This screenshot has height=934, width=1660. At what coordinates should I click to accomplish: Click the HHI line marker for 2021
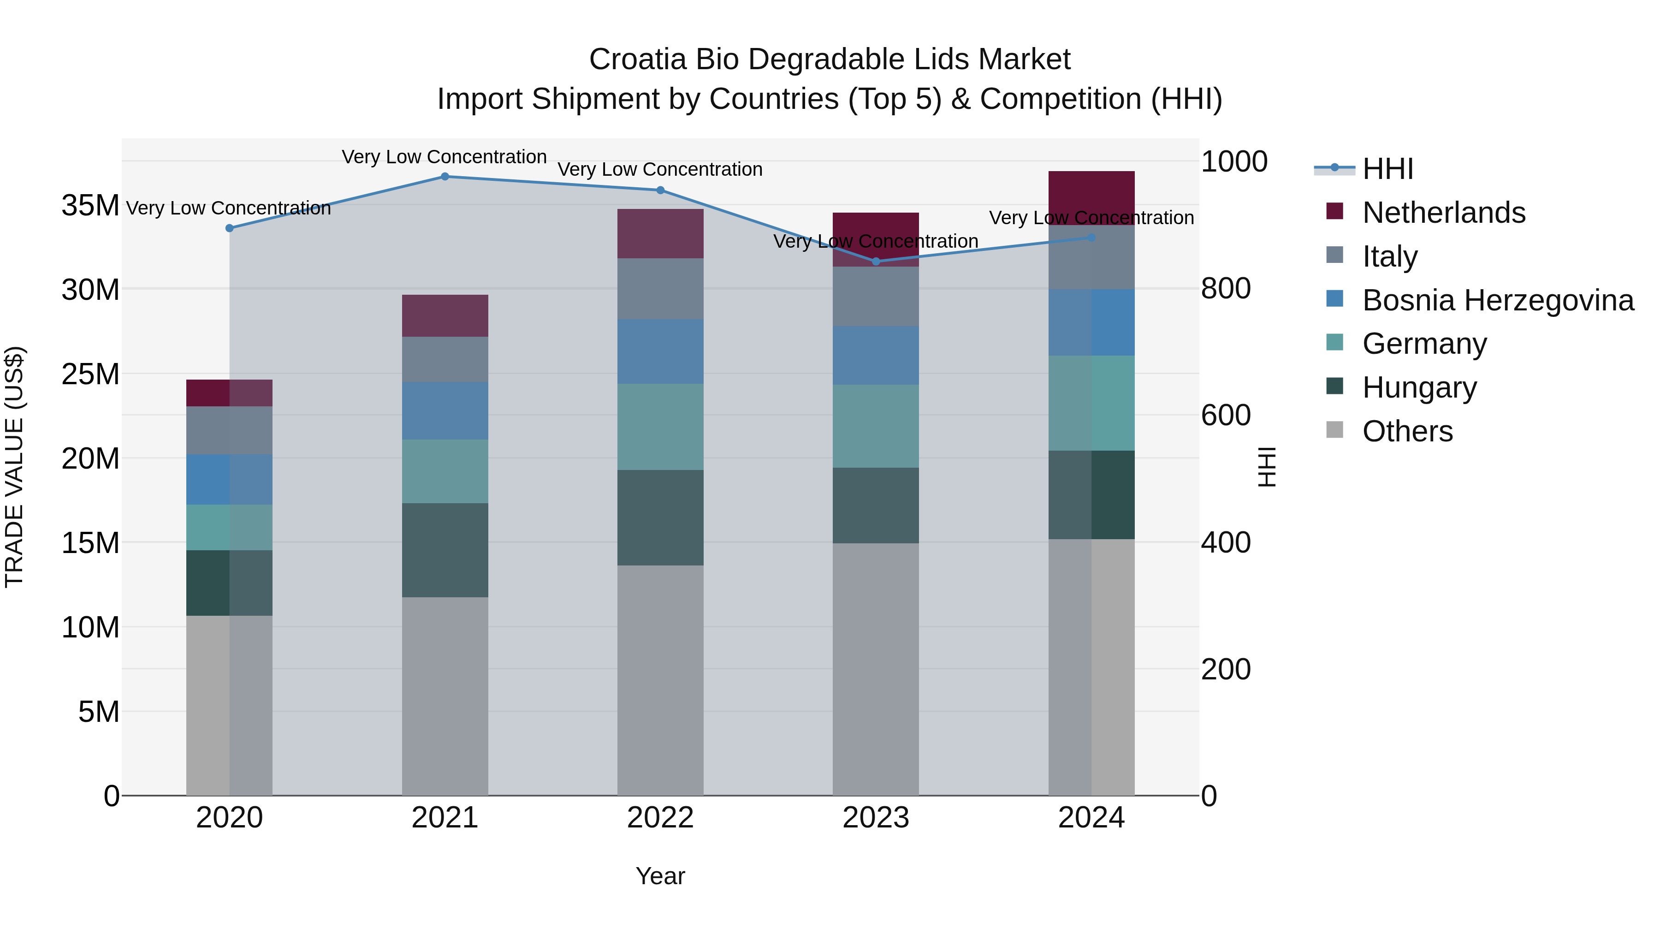pos(445,176)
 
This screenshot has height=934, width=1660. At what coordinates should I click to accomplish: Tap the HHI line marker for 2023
pos(876,262)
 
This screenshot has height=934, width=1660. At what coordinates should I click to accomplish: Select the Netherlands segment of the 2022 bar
pos(660,233)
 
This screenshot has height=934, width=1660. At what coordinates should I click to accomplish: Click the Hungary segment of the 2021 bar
pos(445,550)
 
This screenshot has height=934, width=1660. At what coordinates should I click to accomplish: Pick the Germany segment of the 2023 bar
pos(876,426)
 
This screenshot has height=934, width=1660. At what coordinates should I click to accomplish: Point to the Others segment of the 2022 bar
pos(660,680)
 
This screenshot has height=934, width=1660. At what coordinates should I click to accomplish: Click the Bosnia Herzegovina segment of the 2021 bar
pos(445,410)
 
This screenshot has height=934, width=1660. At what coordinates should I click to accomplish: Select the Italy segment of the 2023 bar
pos(876,297)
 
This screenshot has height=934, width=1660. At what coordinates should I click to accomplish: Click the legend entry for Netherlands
pos(1443,213)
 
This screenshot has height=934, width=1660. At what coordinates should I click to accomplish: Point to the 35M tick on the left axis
pos(90,206)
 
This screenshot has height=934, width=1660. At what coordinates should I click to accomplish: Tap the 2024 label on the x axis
pos(1091,818)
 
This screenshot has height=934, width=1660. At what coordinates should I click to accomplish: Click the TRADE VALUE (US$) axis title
pos(14,467)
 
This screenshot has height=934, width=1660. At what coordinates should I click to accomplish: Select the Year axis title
pos(660,876)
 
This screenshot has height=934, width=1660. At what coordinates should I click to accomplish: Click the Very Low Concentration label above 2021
pos(444,157)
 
